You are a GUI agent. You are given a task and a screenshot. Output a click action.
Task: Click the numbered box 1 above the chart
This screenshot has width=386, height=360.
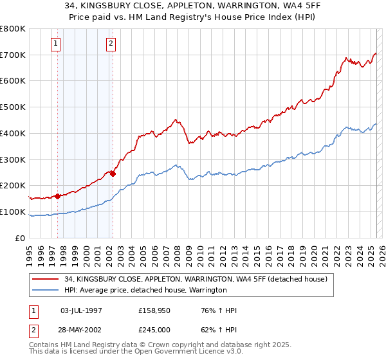pos(56,44)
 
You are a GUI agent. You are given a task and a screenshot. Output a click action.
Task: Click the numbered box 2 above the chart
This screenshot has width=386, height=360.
pos(111,44)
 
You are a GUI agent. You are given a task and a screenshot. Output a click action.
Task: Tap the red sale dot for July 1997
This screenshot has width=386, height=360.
pos(58,196)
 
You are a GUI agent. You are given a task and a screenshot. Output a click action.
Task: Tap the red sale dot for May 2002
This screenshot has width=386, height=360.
pos(113,173)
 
